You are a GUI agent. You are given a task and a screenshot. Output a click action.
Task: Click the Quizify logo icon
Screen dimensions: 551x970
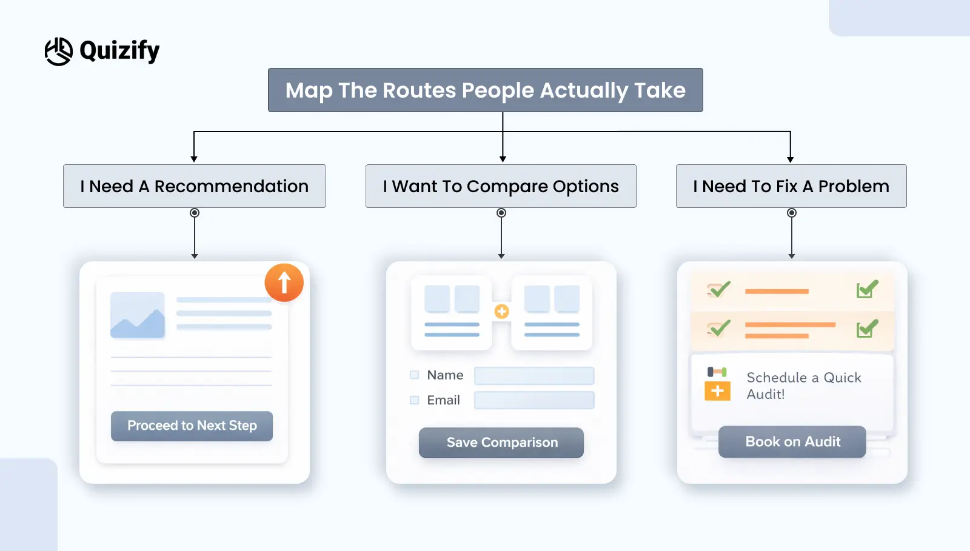click(59, 51)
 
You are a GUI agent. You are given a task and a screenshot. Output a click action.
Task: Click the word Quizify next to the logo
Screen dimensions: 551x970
click(119, 51)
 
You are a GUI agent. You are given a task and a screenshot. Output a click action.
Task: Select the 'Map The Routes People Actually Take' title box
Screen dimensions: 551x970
click(485, 90)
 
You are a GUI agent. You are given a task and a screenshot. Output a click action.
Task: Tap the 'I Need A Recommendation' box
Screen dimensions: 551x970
click(194, 186)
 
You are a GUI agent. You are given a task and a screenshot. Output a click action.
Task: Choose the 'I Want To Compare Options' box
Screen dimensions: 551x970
click(501, 186)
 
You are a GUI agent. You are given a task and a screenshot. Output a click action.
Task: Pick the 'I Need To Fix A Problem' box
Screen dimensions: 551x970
click(791, 186)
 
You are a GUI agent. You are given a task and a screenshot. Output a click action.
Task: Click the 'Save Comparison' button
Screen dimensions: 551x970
click(501, 442)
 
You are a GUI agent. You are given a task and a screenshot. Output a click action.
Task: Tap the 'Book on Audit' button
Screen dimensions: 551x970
click(792, 442)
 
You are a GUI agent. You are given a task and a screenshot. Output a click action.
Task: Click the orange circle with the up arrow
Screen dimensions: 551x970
click(284, 282)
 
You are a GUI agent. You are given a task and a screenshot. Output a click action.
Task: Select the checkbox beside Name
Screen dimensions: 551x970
click(415, 375)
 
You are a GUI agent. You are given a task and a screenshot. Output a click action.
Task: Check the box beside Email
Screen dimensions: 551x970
click(415, 400)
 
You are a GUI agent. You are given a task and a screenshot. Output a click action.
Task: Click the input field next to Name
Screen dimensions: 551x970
click(533, 376)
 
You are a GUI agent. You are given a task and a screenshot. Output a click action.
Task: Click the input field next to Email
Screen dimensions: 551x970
click(533, 400)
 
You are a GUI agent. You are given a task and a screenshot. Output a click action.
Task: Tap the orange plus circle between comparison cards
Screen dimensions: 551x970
click(501, 312)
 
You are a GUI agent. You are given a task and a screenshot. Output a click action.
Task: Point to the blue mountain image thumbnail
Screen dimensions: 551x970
click(138, 315)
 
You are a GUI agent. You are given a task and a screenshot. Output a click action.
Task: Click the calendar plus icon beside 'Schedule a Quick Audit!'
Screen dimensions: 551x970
click(717, 384)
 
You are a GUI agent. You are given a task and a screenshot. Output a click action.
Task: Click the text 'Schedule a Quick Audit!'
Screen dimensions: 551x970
click(803, 386)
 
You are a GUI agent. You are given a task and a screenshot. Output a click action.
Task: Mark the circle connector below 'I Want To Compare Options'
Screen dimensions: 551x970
click(501, 213)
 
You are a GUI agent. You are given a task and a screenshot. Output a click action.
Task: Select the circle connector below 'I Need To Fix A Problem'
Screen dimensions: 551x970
click(791, 213)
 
